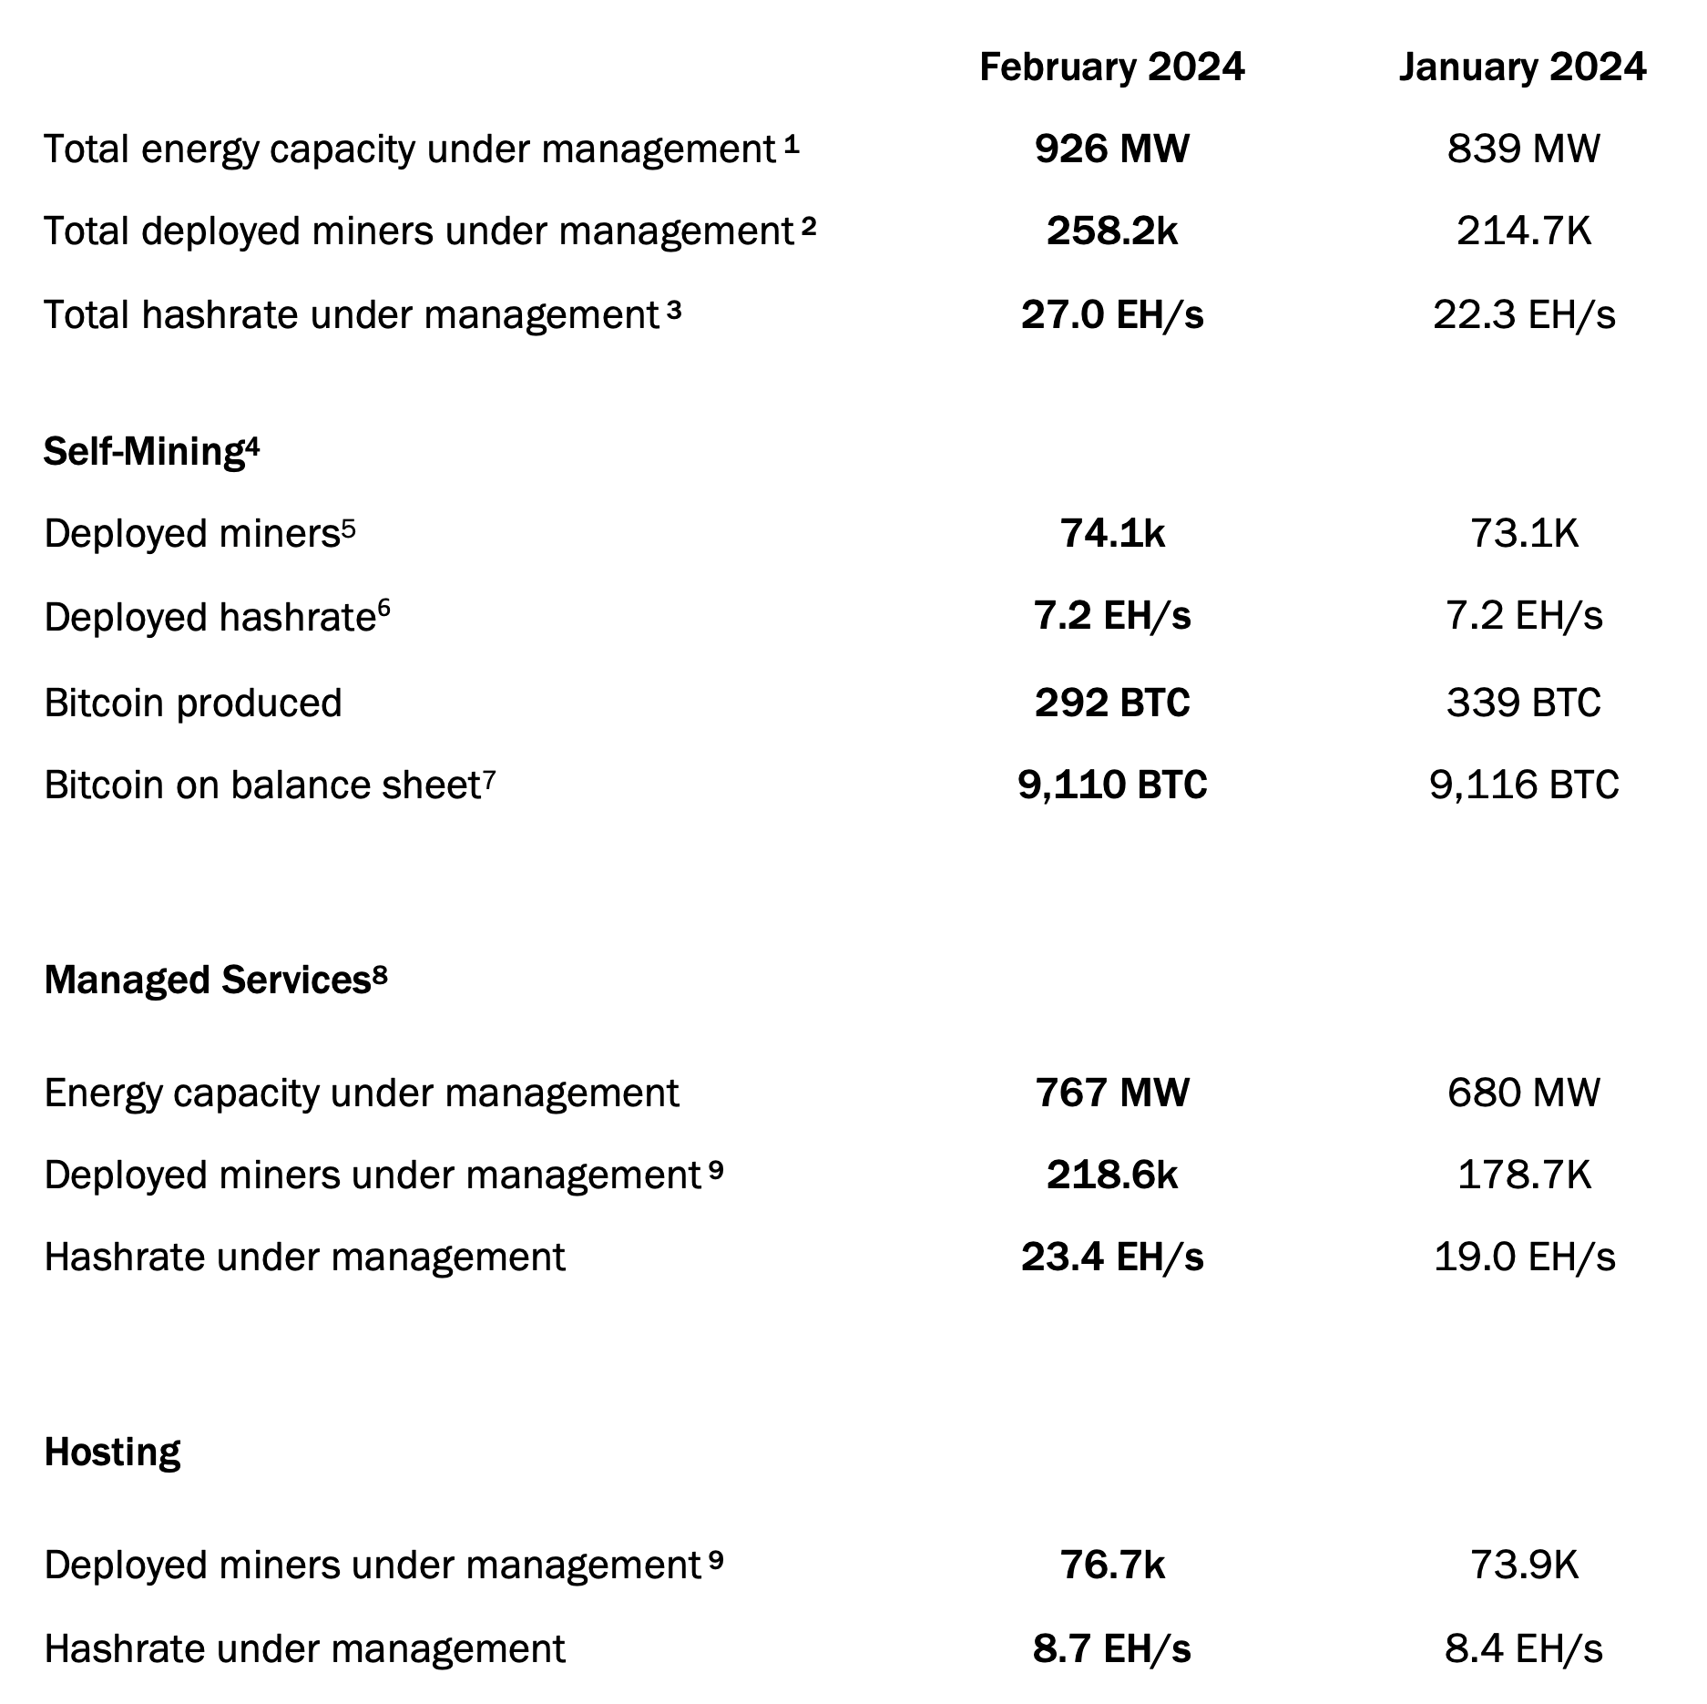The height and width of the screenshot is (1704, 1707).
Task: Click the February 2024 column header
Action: (x=1111, y=67)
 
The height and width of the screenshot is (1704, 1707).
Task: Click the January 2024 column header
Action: (x=1523, y=67)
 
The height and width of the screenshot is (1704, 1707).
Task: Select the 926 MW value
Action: (x=1111, y=149)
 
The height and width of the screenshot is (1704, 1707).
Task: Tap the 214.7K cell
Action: (x=1524, y=231)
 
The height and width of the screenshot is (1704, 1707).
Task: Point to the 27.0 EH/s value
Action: (x=1112, y=314)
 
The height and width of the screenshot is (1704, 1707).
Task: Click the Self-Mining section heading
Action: (x=151, y=451)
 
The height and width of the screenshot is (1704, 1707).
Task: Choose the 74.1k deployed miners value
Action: (x=1112, y=533)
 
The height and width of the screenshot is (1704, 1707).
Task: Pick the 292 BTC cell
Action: (x=1112, y=703)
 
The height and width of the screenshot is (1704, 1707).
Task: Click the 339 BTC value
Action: (x=1523, y=703)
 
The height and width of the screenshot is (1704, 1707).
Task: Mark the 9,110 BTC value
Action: (x=1112, y=785)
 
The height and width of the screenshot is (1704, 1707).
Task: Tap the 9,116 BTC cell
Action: (x=1524, y=785)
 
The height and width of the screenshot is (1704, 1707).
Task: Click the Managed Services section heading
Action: (x=216, y=980)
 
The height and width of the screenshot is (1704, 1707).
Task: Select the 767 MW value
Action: (x=1112, y=1093)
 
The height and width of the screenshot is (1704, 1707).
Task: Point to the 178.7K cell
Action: (x=1524, y=1175)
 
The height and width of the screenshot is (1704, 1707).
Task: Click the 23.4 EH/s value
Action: (x=1112, y=1257)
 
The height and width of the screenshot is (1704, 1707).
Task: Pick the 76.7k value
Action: (x=1112, y=1565)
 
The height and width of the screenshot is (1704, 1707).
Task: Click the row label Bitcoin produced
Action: (x=193, y=703)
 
